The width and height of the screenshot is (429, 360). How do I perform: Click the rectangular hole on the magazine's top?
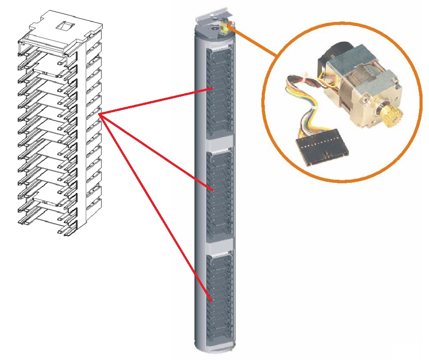click(x=66, y=27)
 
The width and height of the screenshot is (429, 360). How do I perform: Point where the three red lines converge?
click(x=100, y=114)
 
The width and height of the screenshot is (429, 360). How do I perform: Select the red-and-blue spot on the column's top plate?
click(x=214, y=28)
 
